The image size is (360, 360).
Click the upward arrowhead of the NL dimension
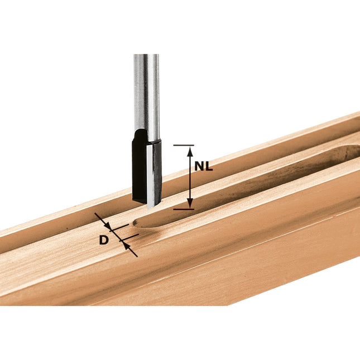(x=190, y=151)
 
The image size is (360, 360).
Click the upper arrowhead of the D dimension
(x=110, y=228)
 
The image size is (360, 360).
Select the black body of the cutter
(x=139, y=167)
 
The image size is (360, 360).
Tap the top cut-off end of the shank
(x=146, y=55)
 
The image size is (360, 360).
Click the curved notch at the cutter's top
(x=143, y=134)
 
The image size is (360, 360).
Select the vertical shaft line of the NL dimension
(x=190, y=179)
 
